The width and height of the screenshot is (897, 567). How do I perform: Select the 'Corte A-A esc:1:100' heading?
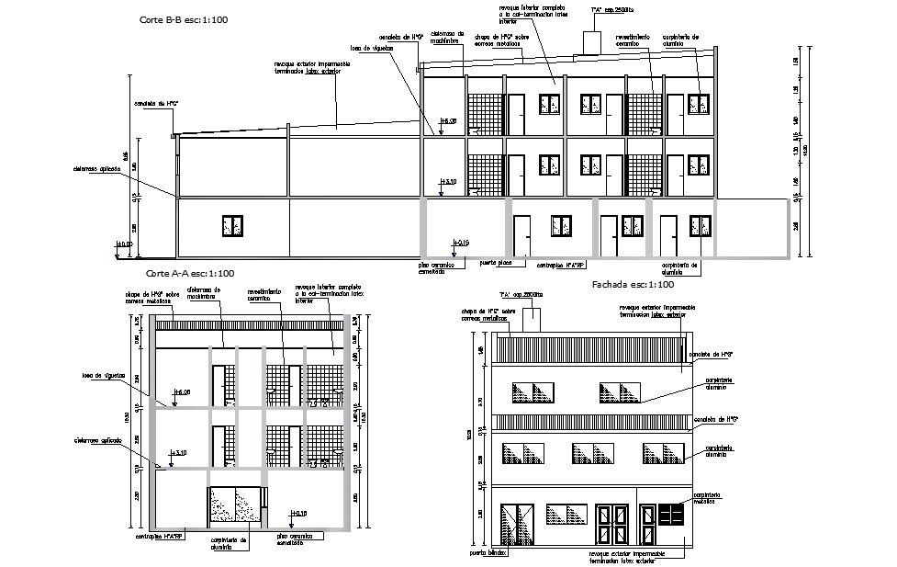tap(190, 273)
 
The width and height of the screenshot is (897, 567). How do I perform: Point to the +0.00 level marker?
tap(122, 244)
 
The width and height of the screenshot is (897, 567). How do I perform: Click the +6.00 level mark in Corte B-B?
tap(448, 121)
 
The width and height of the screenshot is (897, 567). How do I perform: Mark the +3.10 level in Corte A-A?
tap(178, 453)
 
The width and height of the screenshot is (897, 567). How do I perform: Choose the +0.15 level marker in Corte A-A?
tap(297, 513)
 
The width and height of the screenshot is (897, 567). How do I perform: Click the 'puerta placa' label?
tap(496, 262)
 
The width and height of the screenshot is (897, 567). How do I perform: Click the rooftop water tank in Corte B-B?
tap(590, 41)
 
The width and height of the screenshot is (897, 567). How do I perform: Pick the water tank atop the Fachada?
tap(534, 319)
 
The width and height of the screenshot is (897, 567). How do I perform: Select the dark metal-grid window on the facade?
tap(671, 513)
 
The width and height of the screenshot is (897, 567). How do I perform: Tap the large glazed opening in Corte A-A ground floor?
tap(234, 507)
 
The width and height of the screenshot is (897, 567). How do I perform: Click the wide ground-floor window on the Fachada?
tap(566, 514)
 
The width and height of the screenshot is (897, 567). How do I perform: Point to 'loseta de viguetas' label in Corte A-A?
tap(103, 375)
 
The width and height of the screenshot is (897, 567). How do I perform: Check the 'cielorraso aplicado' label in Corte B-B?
tap(95, 169)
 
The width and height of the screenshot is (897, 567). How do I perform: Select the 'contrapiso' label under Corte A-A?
tap(162, 537)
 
